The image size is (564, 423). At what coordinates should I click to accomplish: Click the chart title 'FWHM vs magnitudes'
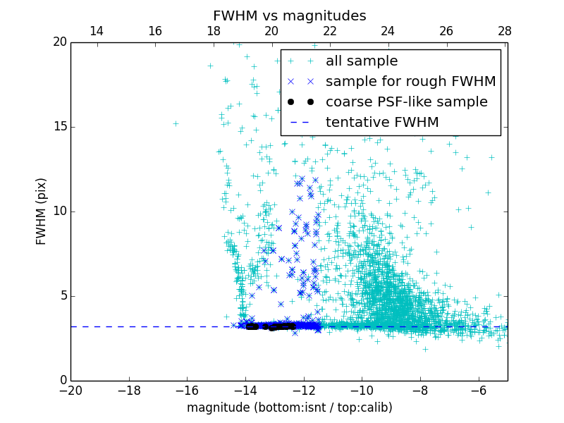[289, 16]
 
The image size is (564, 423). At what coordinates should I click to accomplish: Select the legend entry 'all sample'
[361, 61]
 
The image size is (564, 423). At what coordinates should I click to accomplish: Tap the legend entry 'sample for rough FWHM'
[410, 81]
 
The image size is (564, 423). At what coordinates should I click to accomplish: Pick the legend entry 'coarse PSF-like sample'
[406, 102]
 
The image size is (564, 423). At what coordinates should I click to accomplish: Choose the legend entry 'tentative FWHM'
[382, 122]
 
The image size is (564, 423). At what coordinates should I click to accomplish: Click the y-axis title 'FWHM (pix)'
[41, 211]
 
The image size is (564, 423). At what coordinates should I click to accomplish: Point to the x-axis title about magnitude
[289, 407]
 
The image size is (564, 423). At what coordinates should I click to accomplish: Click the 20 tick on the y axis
[59, 42]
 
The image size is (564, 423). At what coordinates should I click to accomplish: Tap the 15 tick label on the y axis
[59, 127]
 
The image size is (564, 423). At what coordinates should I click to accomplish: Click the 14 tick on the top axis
[97, 31]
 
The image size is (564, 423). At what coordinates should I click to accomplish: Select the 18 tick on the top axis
[214, 31]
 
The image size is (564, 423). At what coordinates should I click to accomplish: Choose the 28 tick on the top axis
[505, 31]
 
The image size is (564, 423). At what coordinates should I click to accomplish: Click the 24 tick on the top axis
[388, 31]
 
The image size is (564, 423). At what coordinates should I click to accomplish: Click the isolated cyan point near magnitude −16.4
[176, 123]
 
